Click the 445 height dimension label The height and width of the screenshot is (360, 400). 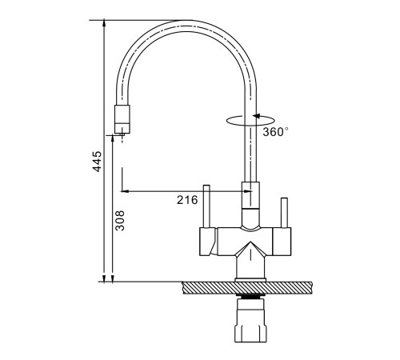tap(97, 162)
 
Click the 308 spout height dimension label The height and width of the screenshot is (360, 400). tap(120, 221)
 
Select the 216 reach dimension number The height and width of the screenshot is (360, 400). tap(187, 200)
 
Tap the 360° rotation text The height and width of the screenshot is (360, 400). tap(275, 132)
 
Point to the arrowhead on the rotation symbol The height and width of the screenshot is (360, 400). tap(257, 116)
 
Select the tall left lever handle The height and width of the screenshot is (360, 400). tap(206, 206)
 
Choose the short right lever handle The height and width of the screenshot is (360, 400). tap(284, 213)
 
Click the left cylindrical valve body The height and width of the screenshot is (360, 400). tap(208, 242)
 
